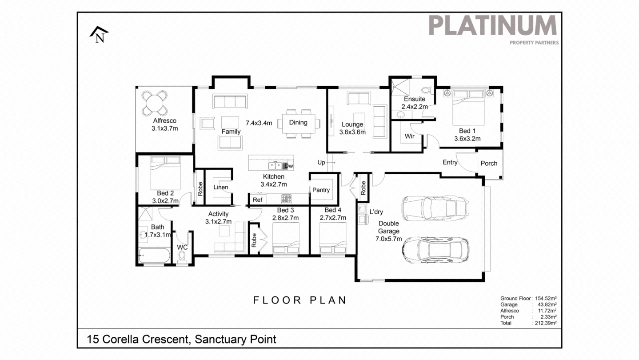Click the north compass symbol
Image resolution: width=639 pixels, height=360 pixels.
[x=99, y=35]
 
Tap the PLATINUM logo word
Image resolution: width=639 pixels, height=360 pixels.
[x=492, y=25]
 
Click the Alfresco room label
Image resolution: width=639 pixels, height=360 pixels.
[x=164, y=120]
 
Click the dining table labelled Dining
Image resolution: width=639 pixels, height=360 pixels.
[x=298, y=123]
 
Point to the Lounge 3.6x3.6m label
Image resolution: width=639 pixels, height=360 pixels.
[x=352, y=128]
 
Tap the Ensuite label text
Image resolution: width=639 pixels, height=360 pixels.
[x=414, y=99]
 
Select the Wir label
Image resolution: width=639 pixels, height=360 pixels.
[x=409, y=136]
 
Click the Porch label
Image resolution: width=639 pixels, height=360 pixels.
[x=489, y=163]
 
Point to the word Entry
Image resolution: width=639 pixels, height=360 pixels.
[x=450, y=162]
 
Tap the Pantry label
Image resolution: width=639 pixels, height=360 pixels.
[x=321, y=190]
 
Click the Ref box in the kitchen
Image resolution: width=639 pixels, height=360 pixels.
[x=257, y=200]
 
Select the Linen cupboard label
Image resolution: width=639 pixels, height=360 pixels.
[x=220, y=187]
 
